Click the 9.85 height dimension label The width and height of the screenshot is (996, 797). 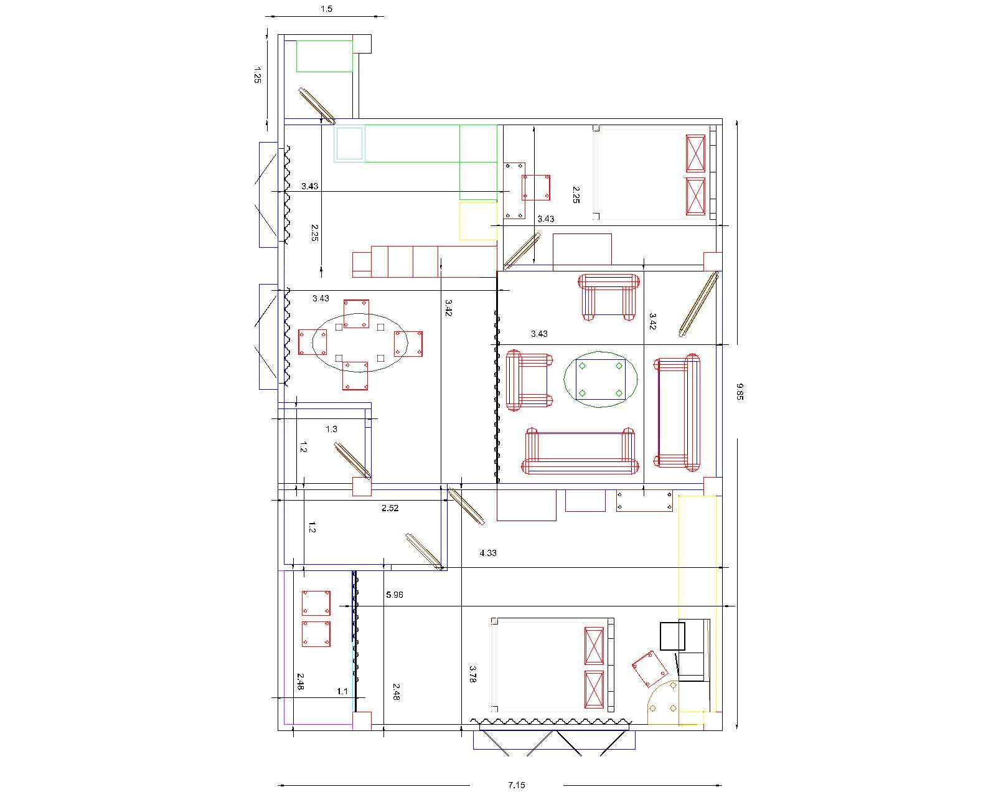pyautogui.click(x=740, y=392)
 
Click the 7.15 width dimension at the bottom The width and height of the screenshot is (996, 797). pyautogui.click(x=516, y=785)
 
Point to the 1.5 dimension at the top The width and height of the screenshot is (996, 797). pyautogui.click(x=326, y=9)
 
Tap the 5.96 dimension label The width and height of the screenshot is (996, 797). pyautogui.click(x=394, y=595)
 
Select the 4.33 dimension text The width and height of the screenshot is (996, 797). pyautogui.click(x=488, y=553)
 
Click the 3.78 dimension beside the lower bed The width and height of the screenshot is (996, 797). pyautogui.click(x=472, y=674)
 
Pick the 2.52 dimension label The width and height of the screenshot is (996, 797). pyautogui.click(x=390, y=508)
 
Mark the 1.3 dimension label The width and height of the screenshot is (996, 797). pyautogui.click(x=331, y=429)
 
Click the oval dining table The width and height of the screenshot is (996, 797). pyautogui.click(x=360, y=343)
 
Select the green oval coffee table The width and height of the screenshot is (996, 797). pyautogui.click(x=600, y=379)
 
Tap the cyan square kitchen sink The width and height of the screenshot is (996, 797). pyautogui.click(x=349, y=144)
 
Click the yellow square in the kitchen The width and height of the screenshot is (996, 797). pyautogui.click(x=478, y=221)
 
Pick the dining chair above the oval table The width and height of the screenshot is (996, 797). pyautogui.click(x=356, y=314)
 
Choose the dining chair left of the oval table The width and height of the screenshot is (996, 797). pyautogui.click(x=312, y=342)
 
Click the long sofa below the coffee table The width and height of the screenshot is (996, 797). pyautogui.click(x=580, y=451)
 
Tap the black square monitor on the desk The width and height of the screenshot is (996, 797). pyautogui.click(x=672, y=636)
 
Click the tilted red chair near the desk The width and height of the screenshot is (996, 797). pyautogui.click(x=649, y=669)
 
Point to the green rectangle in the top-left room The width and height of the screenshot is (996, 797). pyautogui.click(x=324, y=56)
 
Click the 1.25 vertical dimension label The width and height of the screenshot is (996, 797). pyautogui.click(x=257, y=75)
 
